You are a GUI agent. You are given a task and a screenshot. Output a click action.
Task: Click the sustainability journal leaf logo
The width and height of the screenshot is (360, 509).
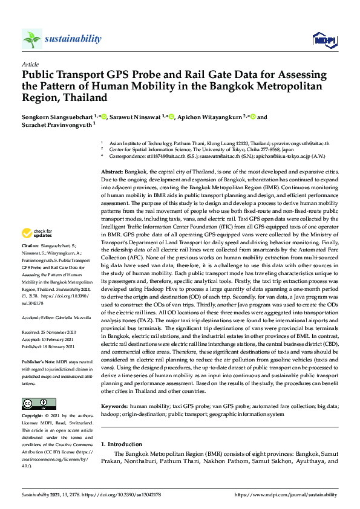[32, 39]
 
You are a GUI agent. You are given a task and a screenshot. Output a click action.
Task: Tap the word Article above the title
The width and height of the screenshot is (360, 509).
[30, 64]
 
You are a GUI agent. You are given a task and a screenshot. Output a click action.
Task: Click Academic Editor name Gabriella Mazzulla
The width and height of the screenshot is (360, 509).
[76, 316]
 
